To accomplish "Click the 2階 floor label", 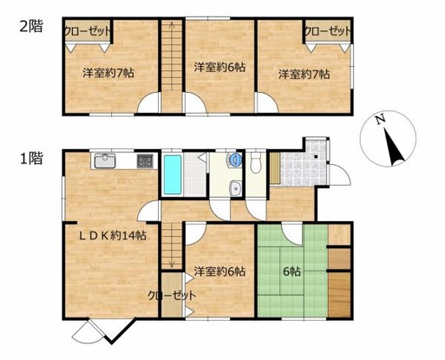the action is tap(31, 26).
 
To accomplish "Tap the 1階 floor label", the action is tap(31, 158).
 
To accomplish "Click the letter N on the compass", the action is tap(380, 119).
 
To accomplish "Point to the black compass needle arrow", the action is tap(393, 147).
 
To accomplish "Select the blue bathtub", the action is tap(173, 174).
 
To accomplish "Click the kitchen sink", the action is tap(105, 161).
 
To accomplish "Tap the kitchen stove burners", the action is tap(145, 161).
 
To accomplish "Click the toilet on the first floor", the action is tap(256, 162).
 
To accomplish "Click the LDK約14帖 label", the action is tap(113, 236).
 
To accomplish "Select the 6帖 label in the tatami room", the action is tap(291, 272).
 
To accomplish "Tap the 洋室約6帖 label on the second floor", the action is tap(219, 68).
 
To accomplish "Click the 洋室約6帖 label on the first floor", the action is tap(219, 272).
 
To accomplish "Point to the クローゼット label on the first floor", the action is tap(172, 296).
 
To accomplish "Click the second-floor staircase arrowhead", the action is tap(172, 24).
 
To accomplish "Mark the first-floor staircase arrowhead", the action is tap(172, 265).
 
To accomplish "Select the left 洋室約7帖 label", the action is tap(108, 73).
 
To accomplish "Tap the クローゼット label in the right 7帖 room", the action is tap(328, 31).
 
